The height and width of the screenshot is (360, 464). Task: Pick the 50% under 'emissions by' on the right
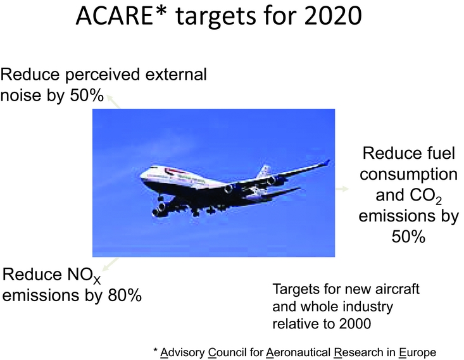coord(408,237)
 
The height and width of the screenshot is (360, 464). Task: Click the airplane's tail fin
coord(264,170)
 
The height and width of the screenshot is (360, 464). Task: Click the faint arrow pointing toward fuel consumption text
coord(342,189)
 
